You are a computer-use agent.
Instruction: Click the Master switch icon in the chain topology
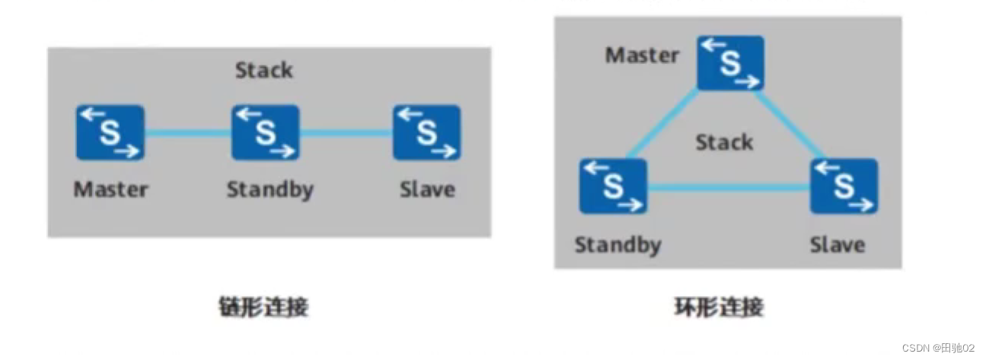click(x=110, y=132)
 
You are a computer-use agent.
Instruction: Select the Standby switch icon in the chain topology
click(x=265, y=132)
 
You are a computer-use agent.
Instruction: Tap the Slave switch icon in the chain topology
click(x=426, y=132)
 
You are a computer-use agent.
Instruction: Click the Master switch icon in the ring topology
click(x=730, y=63)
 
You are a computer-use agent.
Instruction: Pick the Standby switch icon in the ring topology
click(x=613, y=186)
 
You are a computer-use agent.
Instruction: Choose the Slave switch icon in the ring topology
click(x=844, y=186)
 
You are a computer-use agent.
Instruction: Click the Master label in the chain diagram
click(x=110, y=190)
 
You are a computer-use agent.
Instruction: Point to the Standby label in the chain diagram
click(x=270, y=190)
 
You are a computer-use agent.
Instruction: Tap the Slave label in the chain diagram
click(x=427, y=190)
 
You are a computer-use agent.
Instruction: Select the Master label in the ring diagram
click(x=642, y=56)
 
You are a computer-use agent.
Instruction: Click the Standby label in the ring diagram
click(x=617, y=245)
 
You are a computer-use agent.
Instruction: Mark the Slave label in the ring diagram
click(x=837, y=245)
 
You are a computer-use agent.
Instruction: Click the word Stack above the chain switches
click(x=263, y=71)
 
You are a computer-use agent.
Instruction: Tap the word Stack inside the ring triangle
click(x=724, y=142)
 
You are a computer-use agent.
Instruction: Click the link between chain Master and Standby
click(x=187, y=132)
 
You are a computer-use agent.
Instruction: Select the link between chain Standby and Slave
click(x=346, y=132)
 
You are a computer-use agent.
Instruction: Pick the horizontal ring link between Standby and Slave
click(x=728, y=186)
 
